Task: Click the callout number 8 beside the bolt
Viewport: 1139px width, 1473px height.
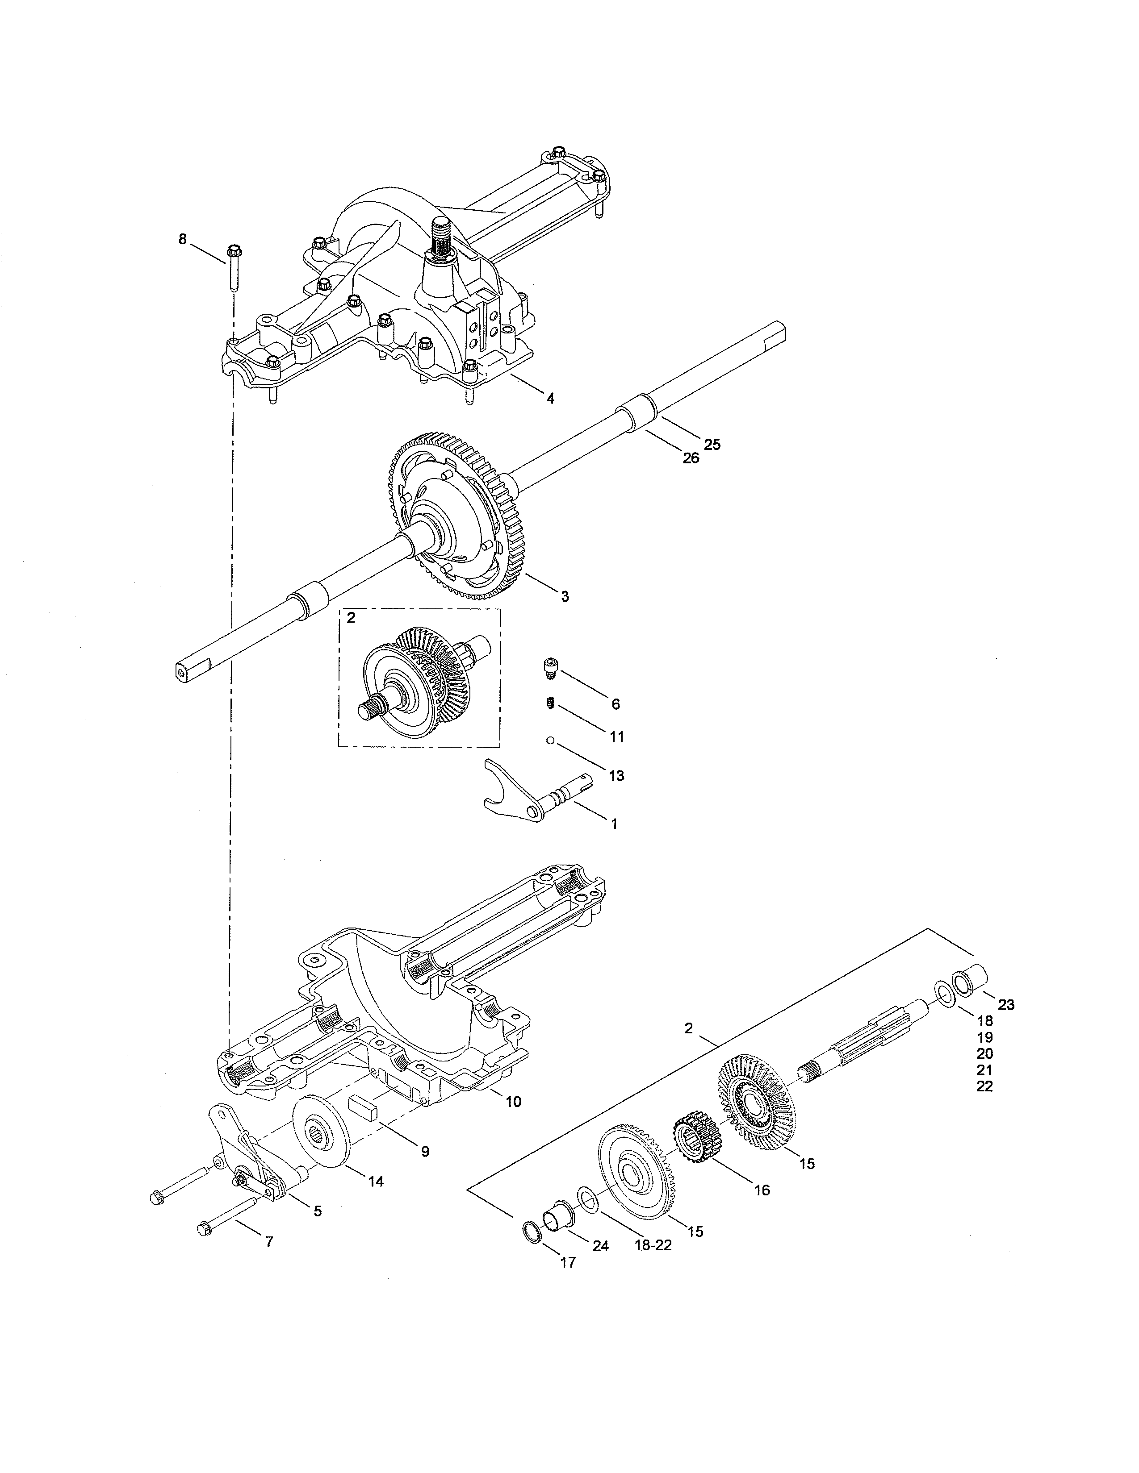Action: (x=182, y=239)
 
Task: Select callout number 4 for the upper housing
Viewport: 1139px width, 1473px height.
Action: (x=551, y=399)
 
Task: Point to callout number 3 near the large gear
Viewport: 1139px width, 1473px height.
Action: (x=565, y=596)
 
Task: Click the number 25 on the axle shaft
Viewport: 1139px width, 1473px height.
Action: (x=712, y=445)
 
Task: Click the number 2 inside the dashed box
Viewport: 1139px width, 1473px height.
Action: (x=351, y=618)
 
